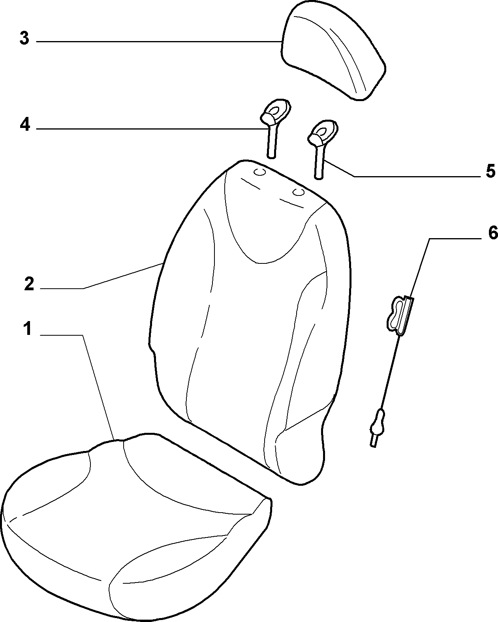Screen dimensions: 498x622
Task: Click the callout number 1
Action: tap(28, 329)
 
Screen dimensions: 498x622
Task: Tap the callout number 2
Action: tap(29, 284)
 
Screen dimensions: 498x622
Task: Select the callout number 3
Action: tap(24, 38)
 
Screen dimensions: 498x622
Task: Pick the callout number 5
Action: tap(490, 171)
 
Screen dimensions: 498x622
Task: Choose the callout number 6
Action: tap(493, 233)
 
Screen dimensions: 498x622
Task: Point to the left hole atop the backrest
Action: tap(259, 172)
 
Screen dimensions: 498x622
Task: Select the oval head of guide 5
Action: tap(323, 132)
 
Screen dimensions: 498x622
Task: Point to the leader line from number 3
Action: tap(159, 42)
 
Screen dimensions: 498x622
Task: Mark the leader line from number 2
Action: tap(101, 283)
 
